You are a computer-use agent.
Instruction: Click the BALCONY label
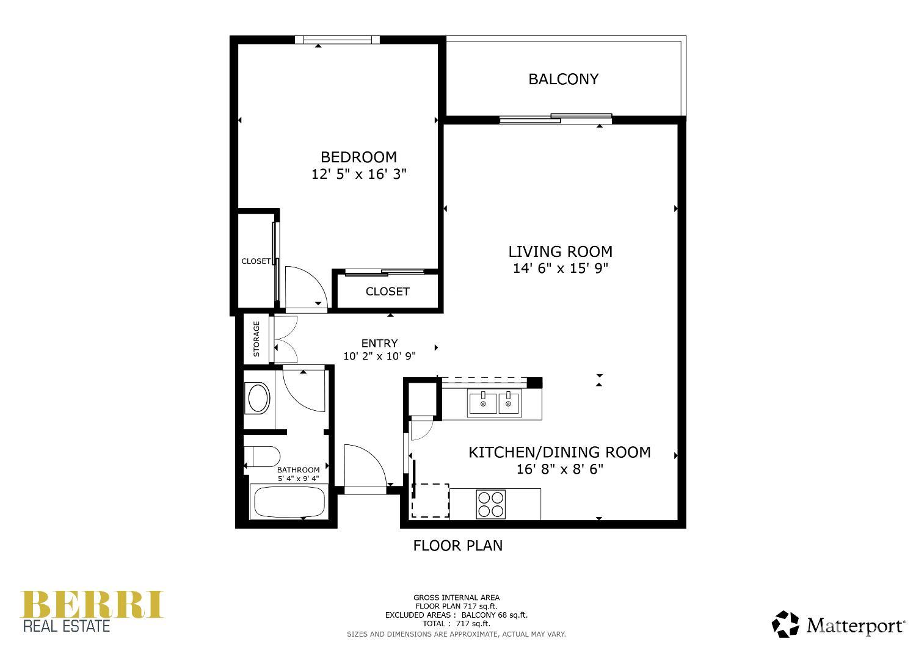coord(563,79)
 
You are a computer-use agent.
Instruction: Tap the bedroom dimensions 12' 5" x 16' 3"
coord(358,175)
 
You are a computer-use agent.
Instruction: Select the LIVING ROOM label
coord(560,251)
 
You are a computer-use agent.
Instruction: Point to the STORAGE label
coord(256,339)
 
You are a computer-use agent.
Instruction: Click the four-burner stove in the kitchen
coord(491,504)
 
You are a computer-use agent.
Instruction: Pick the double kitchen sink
coord(494,403)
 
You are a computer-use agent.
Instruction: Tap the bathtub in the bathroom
coord(289,502)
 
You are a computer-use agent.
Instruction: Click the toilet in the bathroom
coord(262,456)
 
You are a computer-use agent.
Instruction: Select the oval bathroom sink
coord(257,399)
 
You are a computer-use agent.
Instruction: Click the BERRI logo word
coord(92,604)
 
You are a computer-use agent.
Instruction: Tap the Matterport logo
coord(839,625)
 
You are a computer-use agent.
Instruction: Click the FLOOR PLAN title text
coord(458,546)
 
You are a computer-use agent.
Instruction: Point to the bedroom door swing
coord(305,288)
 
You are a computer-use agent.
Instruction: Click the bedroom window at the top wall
coord(337,40)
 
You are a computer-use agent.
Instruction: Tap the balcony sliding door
coord(556,118)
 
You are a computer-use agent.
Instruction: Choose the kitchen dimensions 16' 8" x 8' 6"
coord(559,469)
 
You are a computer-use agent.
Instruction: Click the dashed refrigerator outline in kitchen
coord(431,501)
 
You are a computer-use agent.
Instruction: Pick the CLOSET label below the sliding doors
coord(387,292)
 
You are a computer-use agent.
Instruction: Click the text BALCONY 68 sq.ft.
coord(494,615)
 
